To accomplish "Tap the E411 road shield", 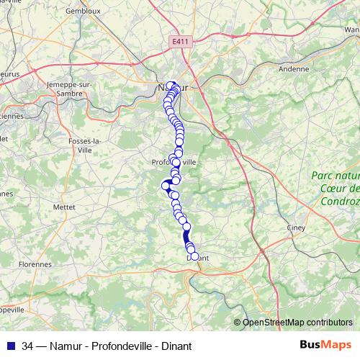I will coord(181,42).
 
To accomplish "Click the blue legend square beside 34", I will coord(9,346).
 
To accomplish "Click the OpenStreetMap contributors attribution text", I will coord(298,322).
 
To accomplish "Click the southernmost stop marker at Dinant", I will coord(194,256).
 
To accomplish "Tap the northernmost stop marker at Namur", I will coord(171,86).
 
